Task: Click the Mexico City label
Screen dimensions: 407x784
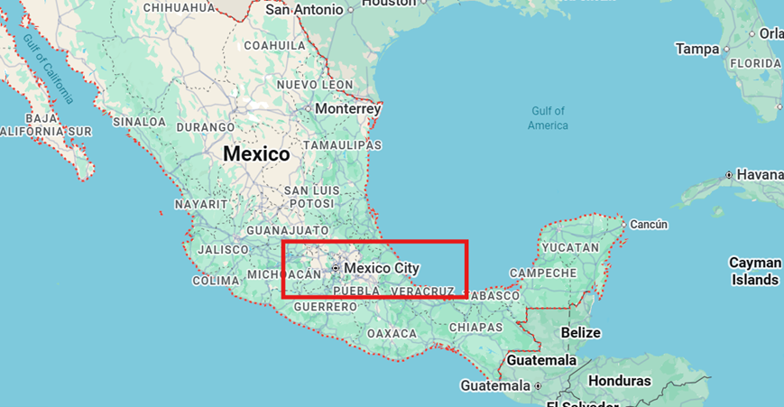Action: [382, 268]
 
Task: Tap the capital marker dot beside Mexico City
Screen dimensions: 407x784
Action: [336, 269]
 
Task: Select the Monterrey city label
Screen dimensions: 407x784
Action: [348, 108]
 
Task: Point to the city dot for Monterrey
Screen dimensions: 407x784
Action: [309, 108]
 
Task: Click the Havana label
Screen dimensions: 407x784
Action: [760, 174]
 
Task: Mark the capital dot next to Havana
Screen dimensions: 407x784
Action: [728, 174]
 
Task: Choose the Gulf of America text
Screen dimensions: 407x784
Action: [548, 118]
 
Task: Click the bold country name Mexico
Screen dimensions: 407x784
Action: [256, 154]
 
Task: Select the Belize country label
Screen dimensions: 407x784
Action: [580, 333]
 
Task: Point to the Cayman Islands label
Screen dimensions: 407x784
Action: [755, 271]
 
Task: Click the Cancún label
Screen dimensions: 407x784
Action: [649, 224]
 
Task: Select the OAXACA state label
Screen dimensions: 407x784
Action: [392, 334]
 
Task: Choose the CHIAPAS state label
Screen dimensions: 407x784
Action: [475, 327]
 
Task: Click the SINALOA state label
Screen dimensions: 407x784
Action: [140, 121]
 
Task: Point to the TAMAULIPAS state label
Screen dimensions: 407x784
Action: [343, 145]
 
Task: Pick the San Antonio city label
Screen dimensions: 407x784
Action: [305, 10]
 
